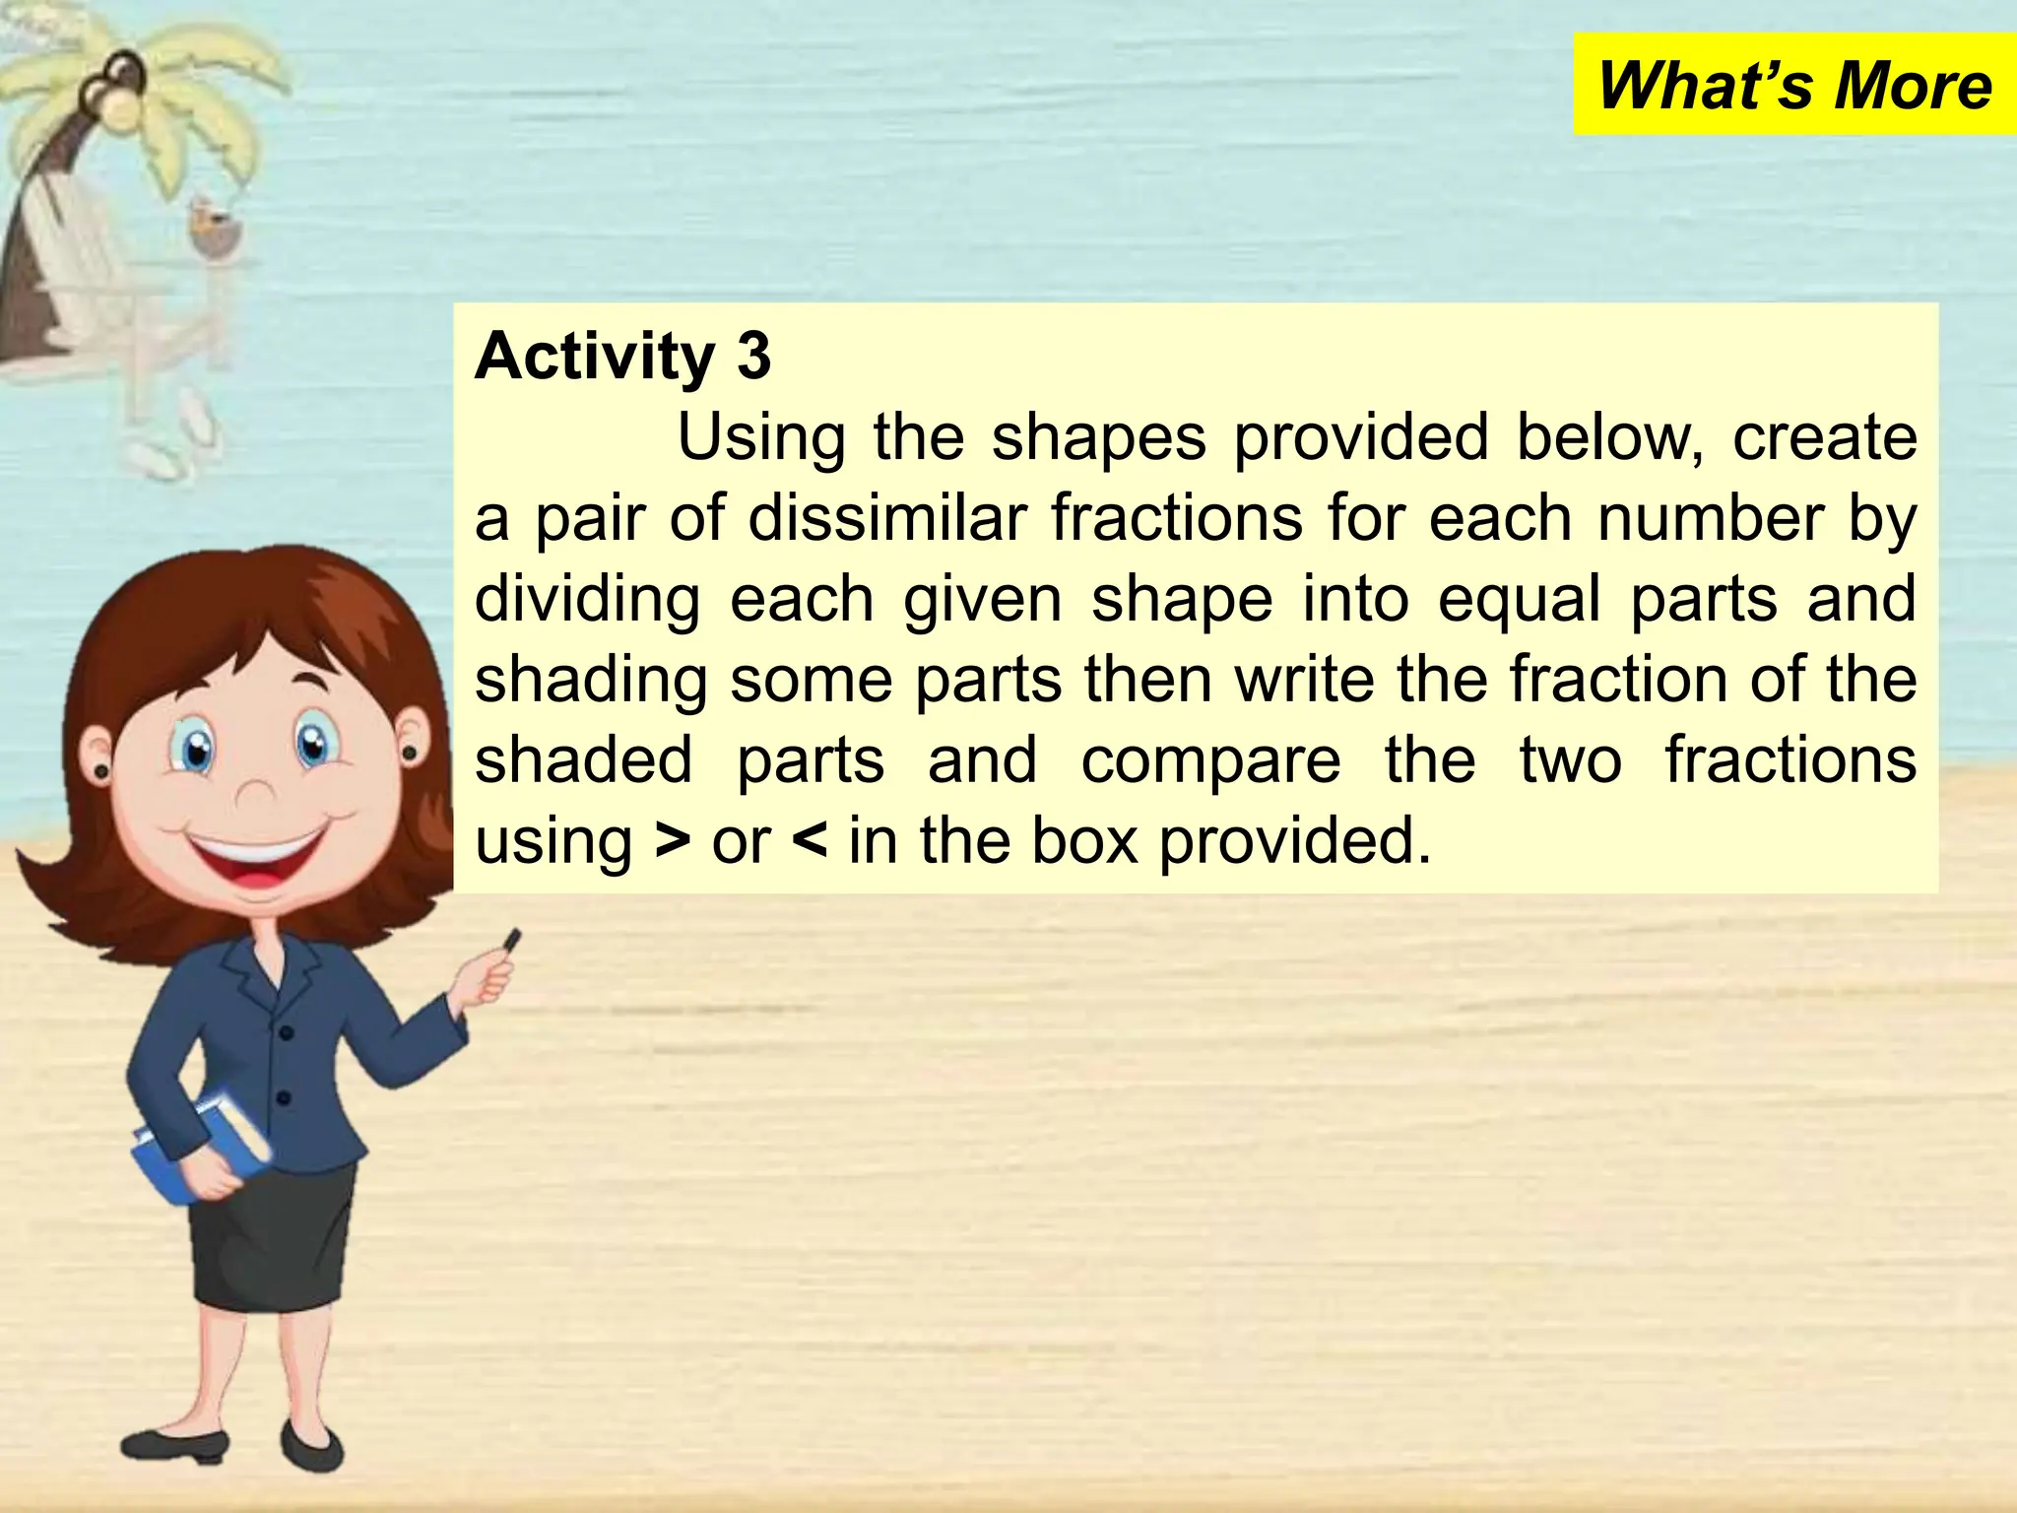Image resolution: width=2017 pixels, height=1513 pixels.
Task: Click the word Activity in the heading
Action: pyautogui.click(x=595, y=357)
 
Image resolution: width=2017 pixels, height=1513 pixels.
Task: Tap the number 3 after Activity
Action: pyautogui.click(x=753, y=357)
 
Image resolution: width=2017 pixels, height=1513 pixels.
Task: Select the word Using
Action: pyautogui.click(x=760, y=437)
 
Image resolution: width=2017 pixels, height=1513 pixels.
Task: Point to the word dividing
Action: pyautogui.click(x=587, y=599)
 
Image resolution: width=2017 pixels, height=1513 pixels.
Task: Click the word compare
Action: pyautogui.click(x=1211, y=760)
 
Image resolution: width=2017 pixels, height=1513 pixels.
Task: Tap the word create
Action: pyautogui.click(x=1824, y=437)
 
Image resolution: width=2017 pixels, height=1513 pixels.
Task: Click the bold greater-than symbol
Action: pyautogui.click(x=673, y=841)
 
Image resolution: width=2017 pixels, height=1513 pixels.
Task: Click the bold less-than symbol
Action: pyautogui.click(x=809, y=841)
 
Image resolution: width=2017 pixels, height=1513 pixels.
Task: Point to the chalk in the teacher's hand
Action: pyautogui.click(x=512, y=941)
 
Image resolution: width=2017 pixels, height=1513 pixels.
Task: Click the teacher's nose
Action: pyautogui.click(x=258, y=793)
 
